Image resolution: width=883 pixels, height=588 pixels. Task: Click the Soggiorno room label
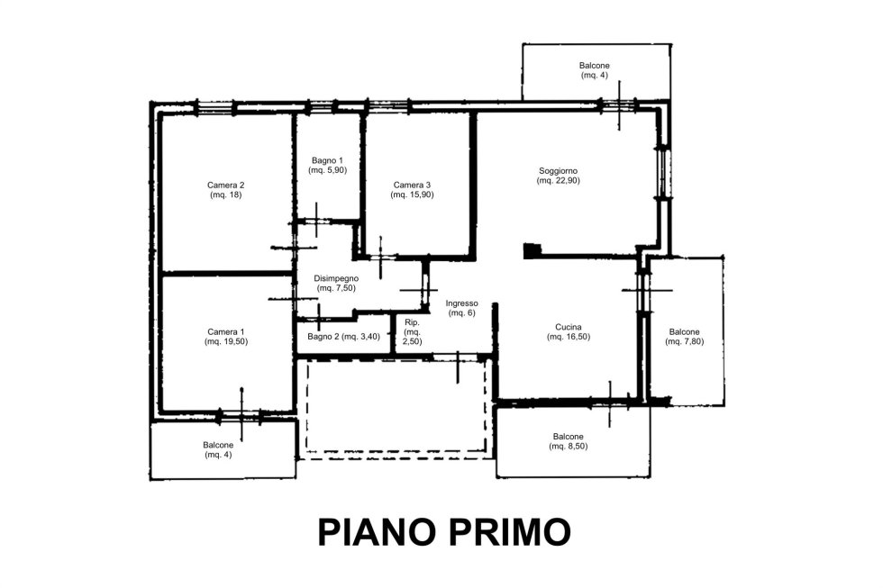[x=558, y=171]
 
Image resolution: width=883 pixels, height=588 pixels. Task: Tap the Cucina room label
[x=569, y=327]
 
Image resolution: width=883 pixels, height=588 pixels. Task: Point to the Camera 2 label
[x=226, y=185]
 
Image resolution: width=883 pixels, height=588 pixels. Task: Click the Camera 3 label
[x=413, y=185]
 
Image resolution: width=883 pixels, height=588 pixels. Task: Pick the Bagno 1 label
[x=327, y=161]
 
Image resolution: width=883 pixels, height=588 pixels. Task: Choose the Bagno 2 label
[x=323, y=337]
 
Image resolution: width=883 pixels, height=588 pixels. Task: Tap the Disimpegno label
[x=336, y=278]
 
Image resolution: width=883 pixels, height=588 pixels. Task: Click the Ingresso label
[x=461, y=303]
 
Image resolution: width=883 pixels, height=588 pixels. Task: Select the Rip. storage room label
[x=413, y=323]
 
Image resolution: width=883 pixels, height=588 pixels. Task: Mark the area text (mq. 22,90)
[x=558, y=181]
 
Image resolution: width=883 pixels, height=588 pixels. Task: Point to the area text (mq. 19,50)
[x=226, y=341]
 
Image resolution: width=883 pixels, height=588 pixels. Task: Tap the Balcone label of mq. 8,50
[x=569, y=437]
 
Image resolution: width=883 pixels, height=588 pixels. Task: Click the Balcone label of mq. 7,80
[x=684, y=332]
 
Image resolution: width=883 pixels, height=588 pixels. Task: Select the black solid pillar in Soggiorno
[x=532, y=251]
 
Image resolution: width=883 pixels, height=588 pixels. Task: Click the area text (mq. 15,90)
[x=413, y=194]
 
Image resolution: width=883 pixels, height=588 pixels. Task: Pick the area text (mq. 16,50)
[x=569, y=337]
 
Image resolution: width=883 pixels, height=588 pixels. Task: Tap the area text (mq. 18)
[x=226, y=194]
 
